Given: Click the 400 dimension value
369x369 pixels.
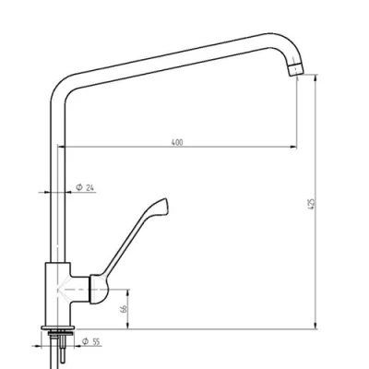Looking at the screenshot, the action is click(177, 142).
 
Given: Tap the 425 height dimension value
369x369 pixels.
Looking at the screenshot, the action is click(311, 204).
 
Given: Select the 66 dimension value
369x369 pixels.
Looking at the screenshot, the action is click(124, 309).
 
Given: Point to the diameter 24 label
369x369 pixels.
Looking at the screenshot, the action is click(85, 187).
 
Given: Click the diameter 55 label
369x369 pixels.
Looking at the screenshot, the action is click(91, 341).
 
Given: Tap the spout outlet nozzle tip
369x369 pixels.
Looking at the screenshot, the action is click(296, 70).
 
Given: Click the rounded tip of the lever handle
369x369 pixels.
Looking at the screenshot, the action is click(165, 205).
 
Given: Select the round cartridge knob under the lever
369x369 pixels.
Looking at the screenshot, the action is click(99, 290).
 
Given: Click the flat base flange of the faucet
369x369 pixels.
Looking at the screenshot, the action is click(58, 328).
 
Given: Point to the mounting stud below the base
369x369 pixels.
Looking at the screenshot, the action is click(63, 348).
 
